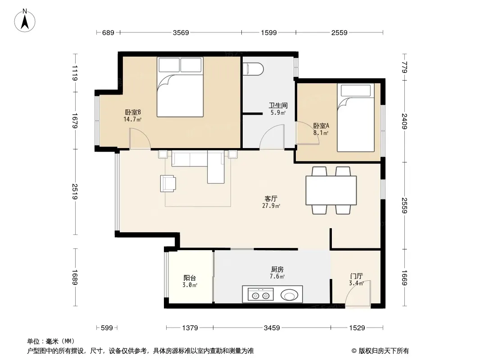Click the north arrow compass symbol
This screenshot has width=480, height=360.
tap(25, 21)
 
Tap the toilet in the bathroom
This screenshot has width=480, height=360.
tap(253, 69)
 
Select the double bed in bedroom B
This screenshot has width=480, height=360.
tap(180, 87)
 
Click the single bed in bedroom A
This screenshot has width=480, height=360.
tap(356, 117)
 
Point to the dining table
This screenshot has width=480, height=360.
tap(331, 190)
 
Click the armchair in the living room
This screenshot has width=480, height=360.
tap(168, 184)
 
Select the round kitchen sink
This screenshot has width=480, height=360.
tap(289, 296)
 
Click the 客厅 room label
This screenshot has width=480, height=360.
tap(271, 199)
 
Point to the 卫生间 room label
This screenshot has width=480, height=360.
tap(278, 105)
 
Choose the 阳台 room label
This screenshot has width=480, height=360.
tap(190, 278)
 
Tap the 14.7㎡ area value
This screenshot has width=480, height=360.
tap(132, 119)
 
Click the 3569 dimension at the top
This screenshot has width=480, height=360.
tap(181, 32)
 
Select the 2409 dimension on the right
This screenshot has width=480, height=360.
tap(405, 121)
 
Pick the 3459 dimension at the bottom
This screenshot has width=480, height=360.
tap(272, 328)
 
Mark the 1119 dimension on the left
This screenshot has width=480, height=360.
tap(75, 73)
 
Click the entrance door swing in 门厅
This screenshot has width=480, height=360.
tap(358, 292)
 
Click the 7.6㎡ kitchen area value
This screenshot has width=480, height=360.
tap(277, 276)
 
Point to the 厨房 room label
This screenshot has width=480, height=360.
tap(277, 270)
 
